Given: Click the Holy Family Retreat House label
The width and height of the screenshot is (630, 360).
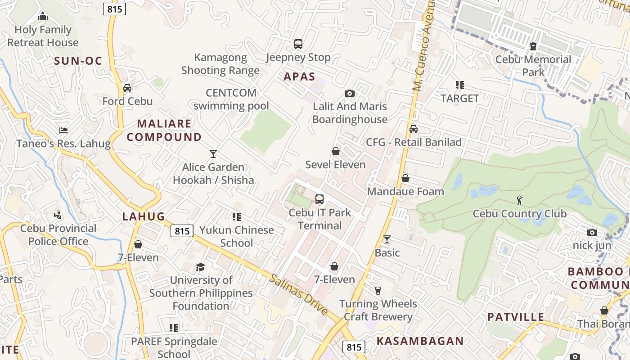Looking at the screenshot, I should point(43,36).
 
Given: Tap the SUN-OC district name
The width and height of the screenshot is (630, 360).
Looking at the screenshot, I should point(78,61).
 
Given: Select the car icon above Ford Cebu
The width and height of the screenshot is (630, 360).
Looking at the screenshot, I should point(127,88).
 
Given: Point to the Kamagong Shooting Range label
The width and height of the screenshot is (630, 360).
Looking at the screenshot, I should point(220,64).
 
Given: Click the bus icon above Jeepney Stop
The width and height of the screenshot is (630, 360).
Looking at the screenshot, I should point(298,44).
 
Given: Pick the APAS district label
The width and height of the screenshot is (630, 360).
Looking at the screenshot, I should point(299,77).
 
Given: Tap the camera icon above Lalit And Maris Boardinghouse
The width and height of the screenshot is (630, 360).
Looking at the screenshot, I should point(349,94).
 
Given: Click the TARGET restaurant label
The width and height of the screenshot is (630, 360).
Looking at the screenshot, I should point(459,98).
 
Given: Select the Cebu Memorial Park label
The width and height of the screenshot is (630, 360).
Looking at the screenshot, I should point(533,66).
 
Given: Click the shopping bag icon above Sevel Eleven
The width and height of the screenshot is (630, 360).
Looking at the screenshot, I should point(335,151).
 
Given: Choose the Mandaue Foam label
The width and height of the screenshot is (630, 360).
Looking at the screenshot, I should point(405,192).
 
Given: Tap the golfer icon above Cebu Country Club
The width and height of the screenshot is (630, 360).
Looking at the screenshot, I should point(520,199).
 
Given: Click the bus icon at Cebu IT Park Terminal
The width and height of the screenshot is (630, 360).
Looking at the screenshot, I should point(319,199).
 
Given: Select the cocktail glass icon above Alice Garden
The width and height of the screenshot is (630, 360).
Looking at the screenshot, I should point(213,154).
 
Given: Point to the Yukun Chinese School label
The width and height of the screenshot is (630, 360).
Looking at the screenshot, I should point(237,236).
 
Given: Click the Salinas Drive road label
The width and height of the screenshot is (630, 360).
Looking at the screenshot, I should point(299,294).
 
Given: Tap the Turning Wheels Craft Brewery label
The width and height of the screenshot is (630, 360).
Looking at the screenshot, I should point(378,310).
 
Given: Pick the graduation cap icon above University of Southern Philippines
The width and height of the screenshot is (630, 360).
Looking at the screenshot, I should point(201,267).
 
